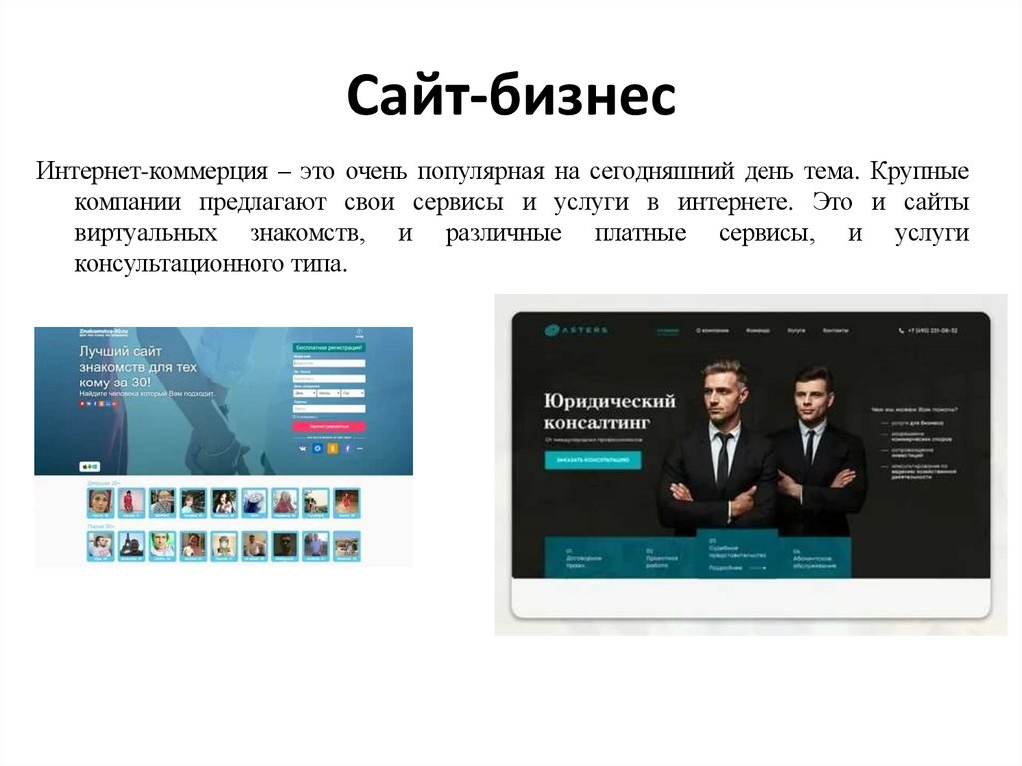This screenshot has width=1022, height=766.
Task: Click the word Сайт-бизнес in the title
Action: click(x=511, y=98)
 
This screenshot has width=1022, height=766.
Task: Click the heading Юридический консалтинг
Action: click(x=610, y=412)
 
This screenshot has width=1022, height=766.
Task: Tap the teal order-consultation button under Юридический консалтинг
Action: click(x=593, y=460)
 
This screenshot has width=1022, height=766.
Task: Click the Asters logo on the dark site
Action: click(x=576, y=330)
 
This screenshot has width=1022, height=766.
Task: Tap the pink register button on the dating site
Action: click(x=328, y=426)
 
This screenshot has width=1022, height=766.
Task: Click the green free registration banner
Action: click(x=328, y=348)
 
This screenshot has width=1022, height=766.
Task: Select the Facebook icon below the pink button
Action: click(x=348, y=449)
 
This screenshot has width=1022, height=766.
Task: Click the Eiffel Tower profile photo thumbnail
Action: click(x=130, y=545)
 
